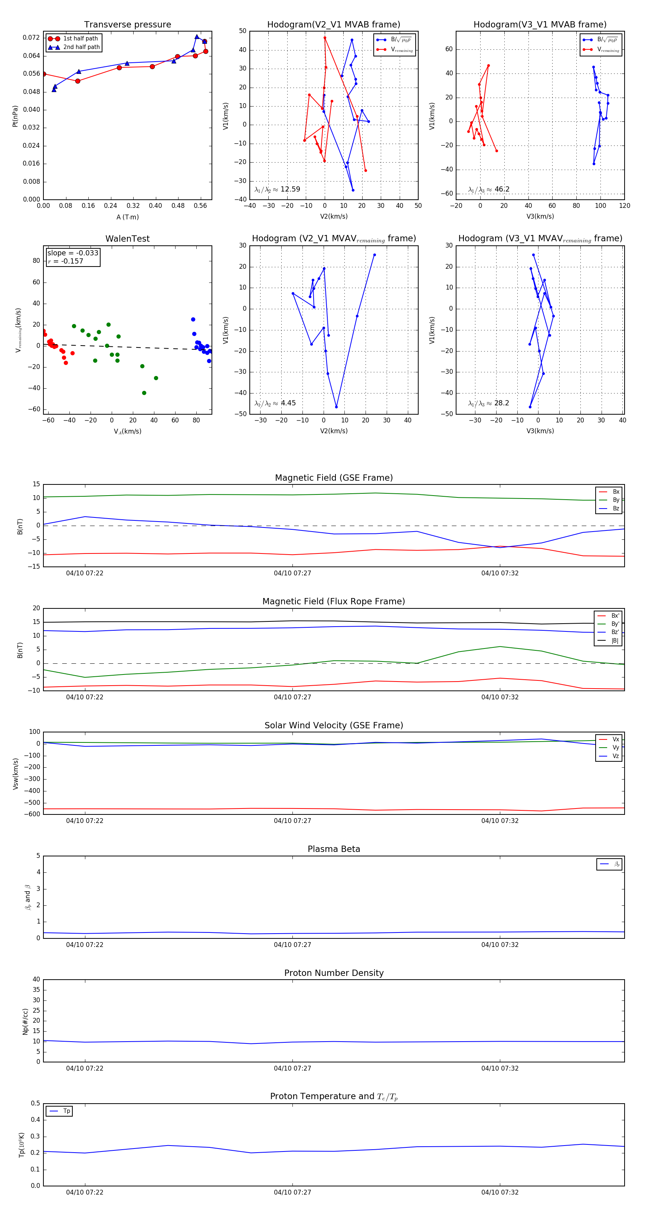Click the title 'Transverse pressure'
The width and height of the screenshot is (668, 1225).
(x=127, y=25)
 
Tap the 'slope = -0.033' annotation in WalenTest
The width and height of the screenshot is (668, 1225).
(x=73, y=253)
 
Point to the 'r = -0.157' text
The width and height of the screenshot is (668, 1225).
(x=66, y=261)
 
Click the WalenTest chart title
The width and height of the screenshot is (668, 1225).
(x=127, y=239)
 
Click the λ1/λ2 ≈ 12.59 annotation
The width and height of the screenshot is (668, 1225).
(x=277, y=189)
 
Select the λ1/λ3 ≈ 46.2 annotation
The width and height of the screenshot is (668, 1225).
(x=489, y=189)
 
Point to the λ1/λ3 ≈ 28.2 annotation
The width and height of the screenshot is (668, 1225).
(x=488, y=403)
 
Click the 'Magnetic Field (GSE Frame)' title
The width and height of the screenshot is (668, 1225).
(x=334, y=478)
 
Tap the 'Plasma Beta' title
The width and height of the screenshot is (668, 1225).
(x=334, y=849)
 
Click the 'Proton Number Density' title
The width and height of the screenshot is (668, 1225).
(x=334, y=973)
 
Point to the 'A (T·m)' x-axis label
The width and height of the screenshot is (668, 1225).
(x=127, y=217)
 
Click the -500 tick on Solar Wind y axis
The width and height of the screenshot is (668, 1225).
(x=34, y=803)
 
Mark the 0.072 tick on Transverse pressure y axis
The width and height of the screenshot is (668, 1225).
(x=32, y=37)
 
